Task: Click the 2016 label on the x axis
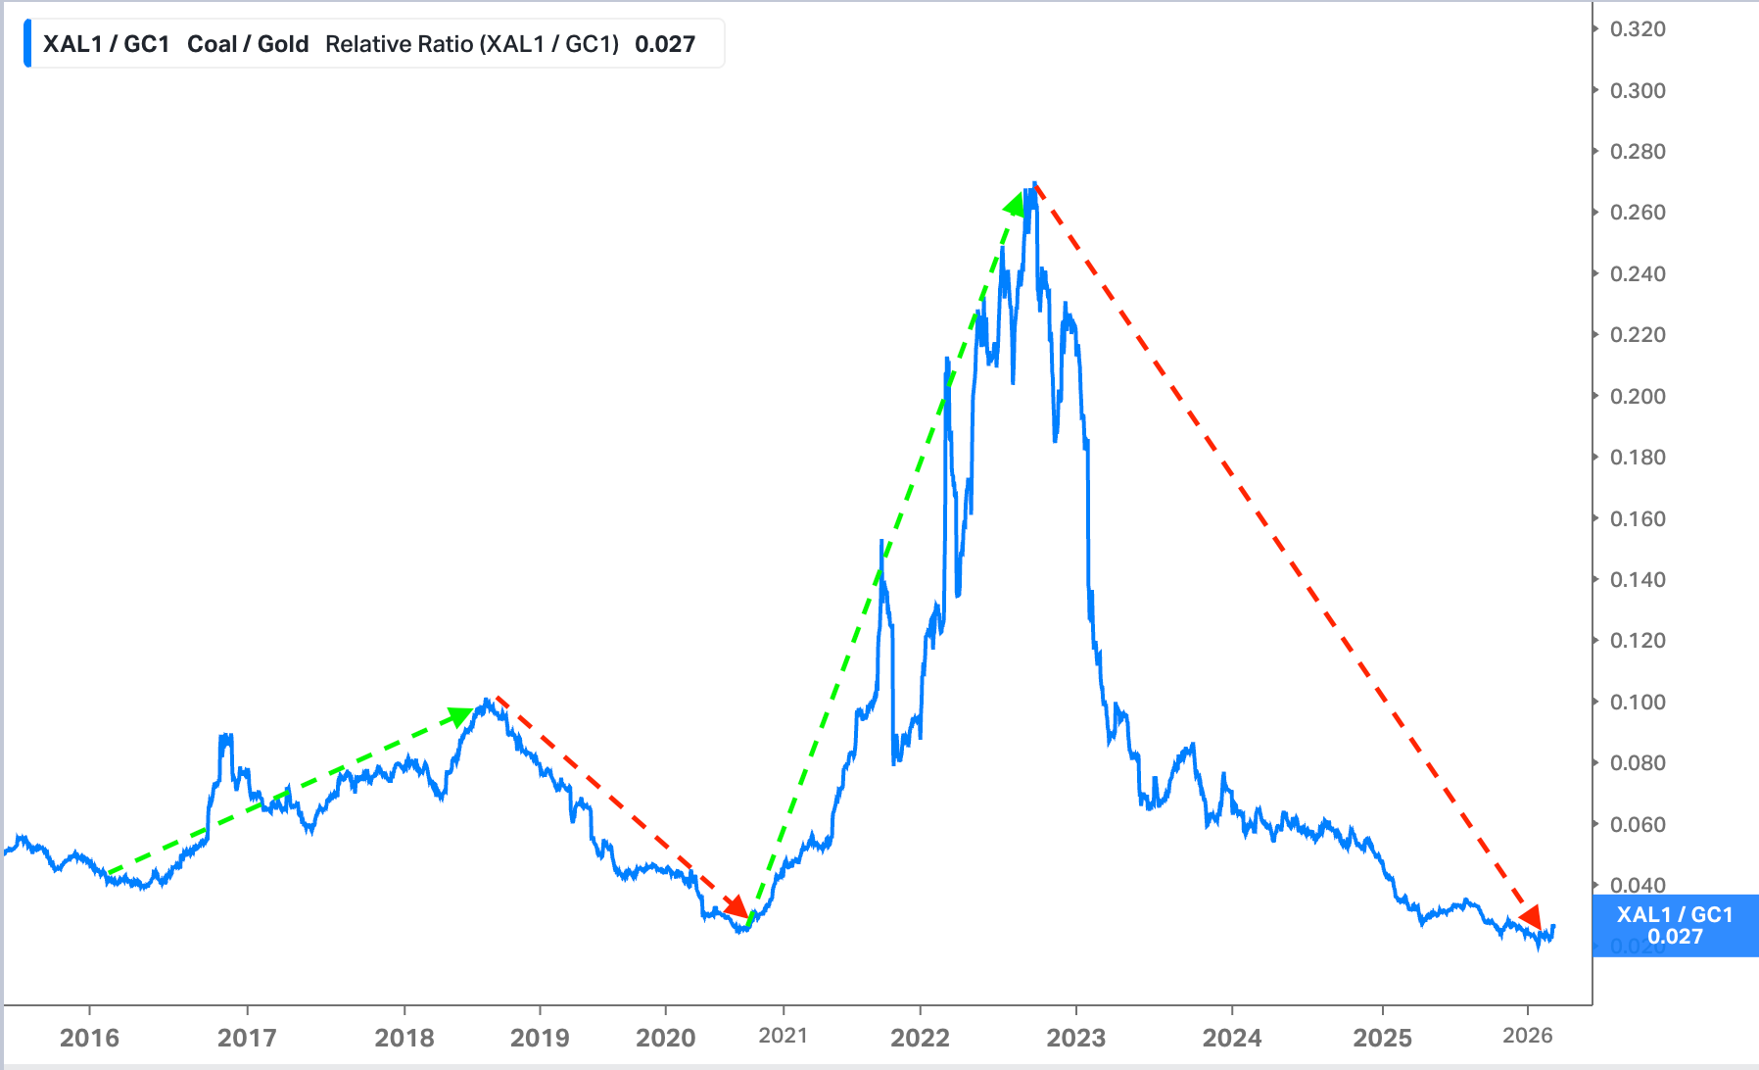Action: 89,1038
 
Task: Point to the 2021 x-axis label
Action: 783,1036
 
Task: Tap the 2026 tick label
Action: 1528,1036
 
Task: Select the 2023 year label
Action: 1075,1038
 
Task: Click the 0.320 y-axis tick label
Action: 1638,29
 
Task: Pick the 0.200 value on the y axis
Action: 1638,396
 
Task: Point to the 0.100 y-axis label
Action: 1638,702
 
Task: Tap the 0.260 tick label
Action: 1638,213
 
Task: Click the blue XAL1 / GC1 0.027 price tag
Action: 1675,926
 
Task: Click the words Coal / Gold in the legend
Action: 248,44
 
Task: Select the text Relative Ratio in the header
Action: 400,44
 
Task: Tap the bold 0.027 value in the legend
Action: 665,44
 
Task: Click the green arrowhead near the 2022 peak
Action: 1016,204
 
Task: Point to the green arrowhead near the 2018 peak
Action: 461,716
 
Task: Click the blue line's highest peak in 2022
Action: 1034,183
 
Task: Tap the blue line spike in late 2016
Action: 225,735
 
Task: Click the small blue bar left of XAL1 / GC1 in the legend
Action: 27,44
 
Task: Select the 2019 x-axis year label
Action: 540,1038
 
